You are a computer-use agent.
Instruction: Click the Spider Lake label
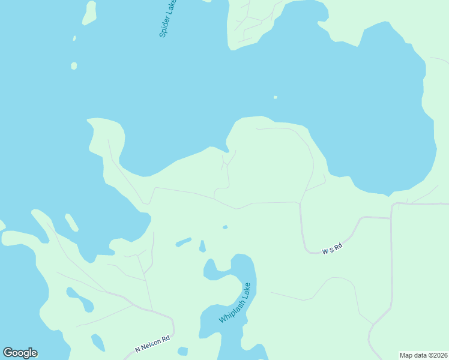coord(168,19)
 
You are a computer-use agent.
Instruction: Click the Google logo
coord(20,353)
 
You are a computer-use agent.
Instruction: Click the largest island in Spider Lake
coord(89,13)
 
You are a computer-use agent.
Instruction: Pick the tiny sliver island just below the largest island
coord(74,38)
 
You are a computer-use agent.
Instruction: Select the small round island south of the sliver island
coord(74,65)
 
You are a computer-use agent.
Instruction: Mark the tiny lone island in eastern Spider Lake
coord(276,97)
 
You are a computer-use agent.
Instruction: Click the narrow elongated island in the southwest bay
coord(71,222)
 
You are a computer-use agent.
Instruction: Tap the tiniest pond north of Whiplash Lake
coord(225,227)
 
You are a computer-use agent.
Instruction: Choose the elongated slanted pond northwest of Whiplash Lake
coord(183,242)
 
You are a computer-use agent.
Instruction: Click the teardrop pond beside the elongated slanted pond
coord(202,246)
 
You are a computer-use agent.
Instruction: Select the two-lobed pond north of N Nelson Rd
coord(80,299)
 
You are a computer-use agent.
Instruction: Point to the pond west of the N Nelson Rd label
coord(97,343)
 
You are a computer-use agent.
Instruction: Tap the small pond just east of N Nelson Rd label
coord(183,351)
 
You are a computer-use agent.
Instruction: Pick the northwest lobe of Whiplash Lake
coord(211,271)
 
